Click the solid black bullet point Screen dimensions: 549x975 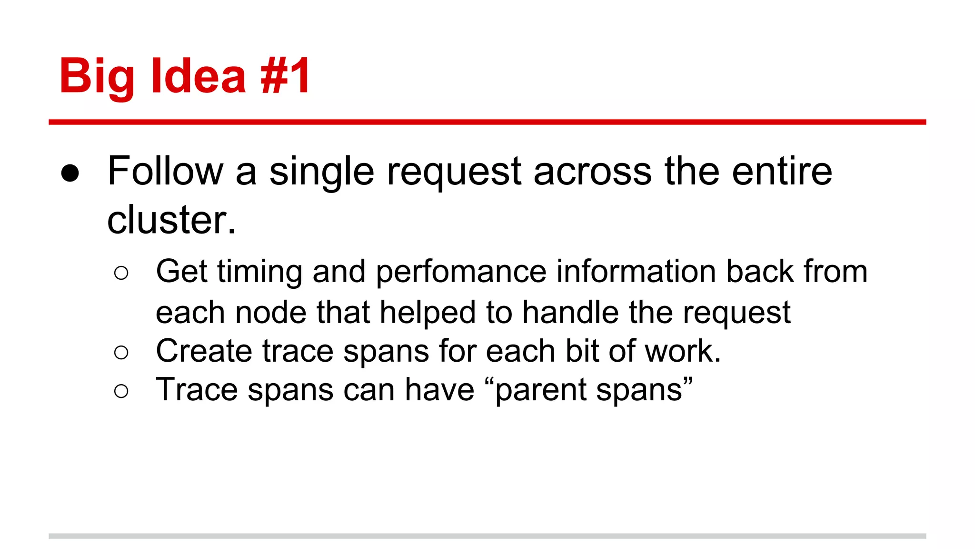[70, 173]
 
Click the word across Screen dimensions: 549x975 [592, 172]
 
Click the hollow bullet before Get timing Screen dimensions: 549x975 [121, 273]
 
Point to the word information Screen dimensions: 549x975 [636, 271]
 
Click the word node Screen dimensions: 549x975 [270, 313]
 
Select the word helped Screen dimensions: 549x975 [428, 314]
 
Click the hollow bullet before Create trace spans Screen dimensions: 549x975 [121, 353]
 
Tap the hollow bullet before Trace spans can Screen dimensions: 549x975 [121, 391]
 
